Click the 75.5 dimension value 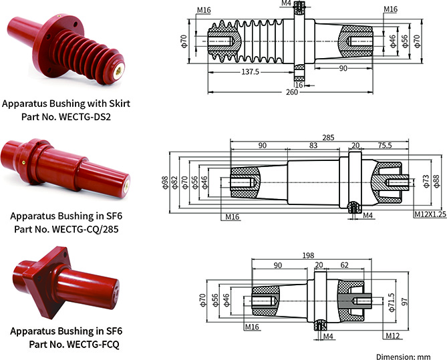tap(386, 146)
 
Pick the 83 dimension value tap(315, 146)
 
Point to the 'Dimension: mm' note tap(410, 355)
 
